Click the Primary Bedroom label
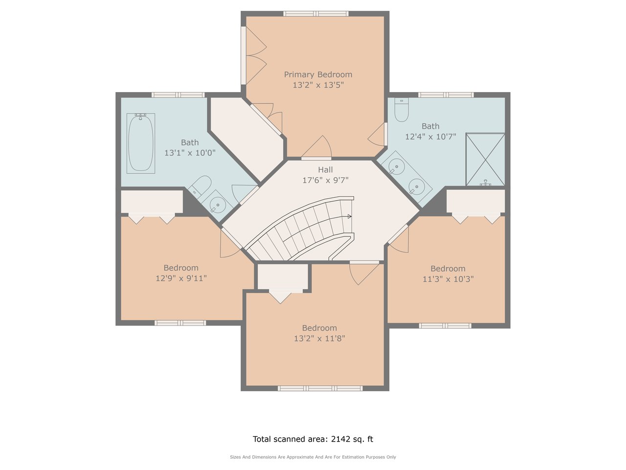(x=318, y=75)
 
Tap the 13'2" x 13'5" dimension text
(x=318, y=85)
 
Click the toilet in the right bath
(x=402, y=110)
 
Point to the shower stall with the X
(x=485, y=159)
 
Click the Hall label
(x=325, y=170)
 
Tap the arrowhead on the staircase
(x=349, y=216)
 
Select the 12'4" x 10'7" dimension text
(x=431, y=137)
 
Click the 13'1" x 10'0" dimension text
(x=190, y=153)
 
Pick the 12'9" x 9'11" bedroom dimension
(x=181, y=278)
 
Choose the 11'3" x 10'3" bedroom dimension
(x=448, y=279)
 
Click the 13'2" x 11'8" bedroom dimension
(x=319, y=338)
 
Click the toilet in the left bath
(x=200, y=186)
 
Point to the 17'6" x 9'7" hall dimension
(x=325, y=180)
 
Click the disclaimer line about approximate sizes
(x=313, y=457)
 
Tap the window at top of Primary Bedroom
(x=316, y=13)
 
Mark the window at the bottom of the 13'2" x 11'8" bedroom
(x=320, y=388)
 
